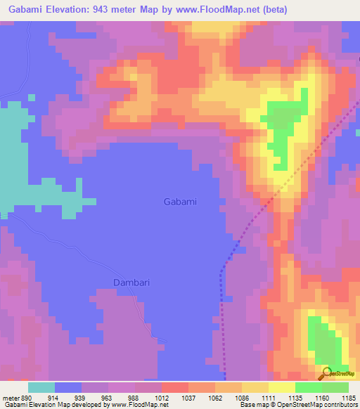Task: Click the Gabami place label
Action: tap(180, 202)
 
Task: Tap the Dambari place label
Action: tap(132, 283)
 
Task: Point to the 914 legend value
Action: tap(56, 397)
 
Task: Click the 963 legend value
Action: tap(108, 397)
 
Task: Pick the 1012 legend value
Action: tap(162, 397)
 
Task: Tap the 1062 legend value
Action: tap(215, 397)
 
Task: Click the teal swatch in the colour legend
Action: tap(41, 387)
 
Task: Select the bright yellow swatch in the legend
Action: tap(281, 387)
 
